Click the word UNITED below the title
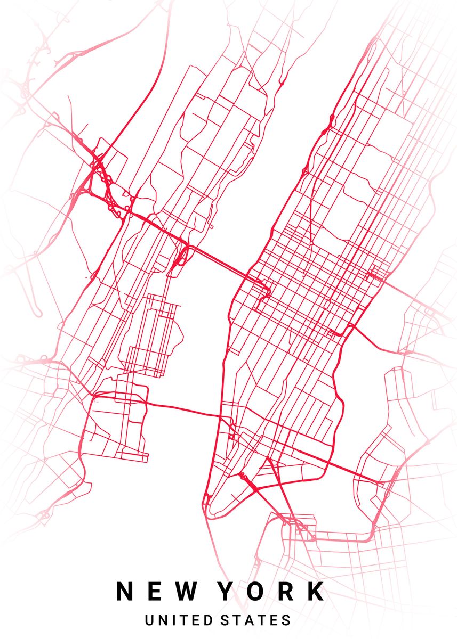[179, 620]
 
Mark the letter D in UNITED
[210, 620]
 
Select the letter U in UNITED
[149, 620]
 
